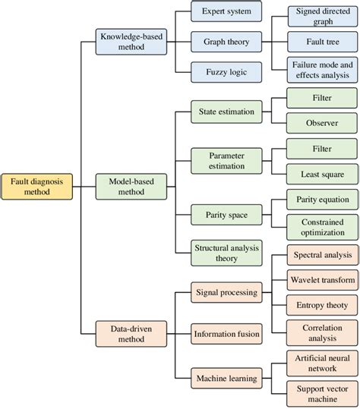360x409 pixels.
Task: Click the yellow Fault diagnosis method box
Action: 37,187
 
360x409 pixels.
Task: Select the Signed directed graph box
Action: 321,16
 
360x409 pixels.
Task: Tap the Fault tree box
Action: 321,41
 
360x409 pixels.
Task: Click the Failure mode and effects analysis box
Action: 321,70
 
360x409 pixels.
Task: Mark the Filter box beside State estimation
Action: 321,98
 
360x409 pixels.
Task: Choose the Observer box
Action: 321,122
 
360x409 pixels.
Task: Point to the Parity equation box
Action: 321,200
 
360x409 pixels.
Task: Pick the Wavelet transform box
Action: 321,280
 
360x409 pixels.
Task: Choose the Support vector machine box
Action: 321,392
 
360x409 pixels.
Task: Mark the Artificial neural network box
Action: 321,362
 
